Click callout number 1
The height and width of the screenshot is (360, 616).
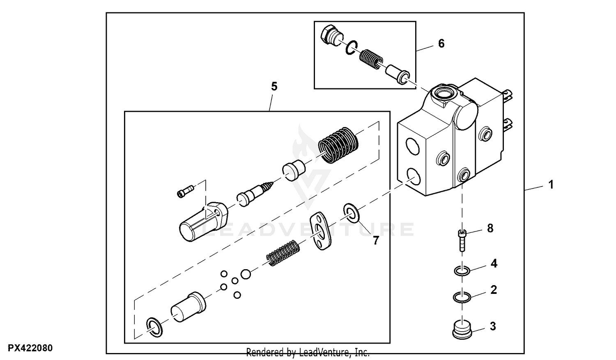(x=551, y=185)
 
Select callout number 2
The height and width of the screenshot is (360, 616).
(x=494, y=290)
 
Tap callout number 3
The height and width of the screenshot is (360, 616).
(x=493, y=326)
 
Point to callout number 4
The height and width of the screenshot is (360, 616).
(x=494, y=263)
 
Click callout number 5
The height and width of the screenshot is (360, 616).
(x=274, y=86)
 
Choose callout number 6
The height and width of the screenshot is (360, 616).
(x=441, y=43)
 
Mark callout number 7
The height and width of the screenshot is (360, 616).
(x=376, y=240)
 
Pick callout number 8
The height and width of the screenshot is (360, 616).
(x=490, y=228)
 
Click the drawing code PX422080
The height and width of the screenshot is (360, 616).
(x=30, y=348)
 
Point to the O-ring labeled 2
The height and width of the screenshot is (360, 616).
(x=462, y=297)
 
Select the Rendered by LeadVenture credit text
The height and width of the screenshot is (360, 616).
(x=308, y=352)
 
